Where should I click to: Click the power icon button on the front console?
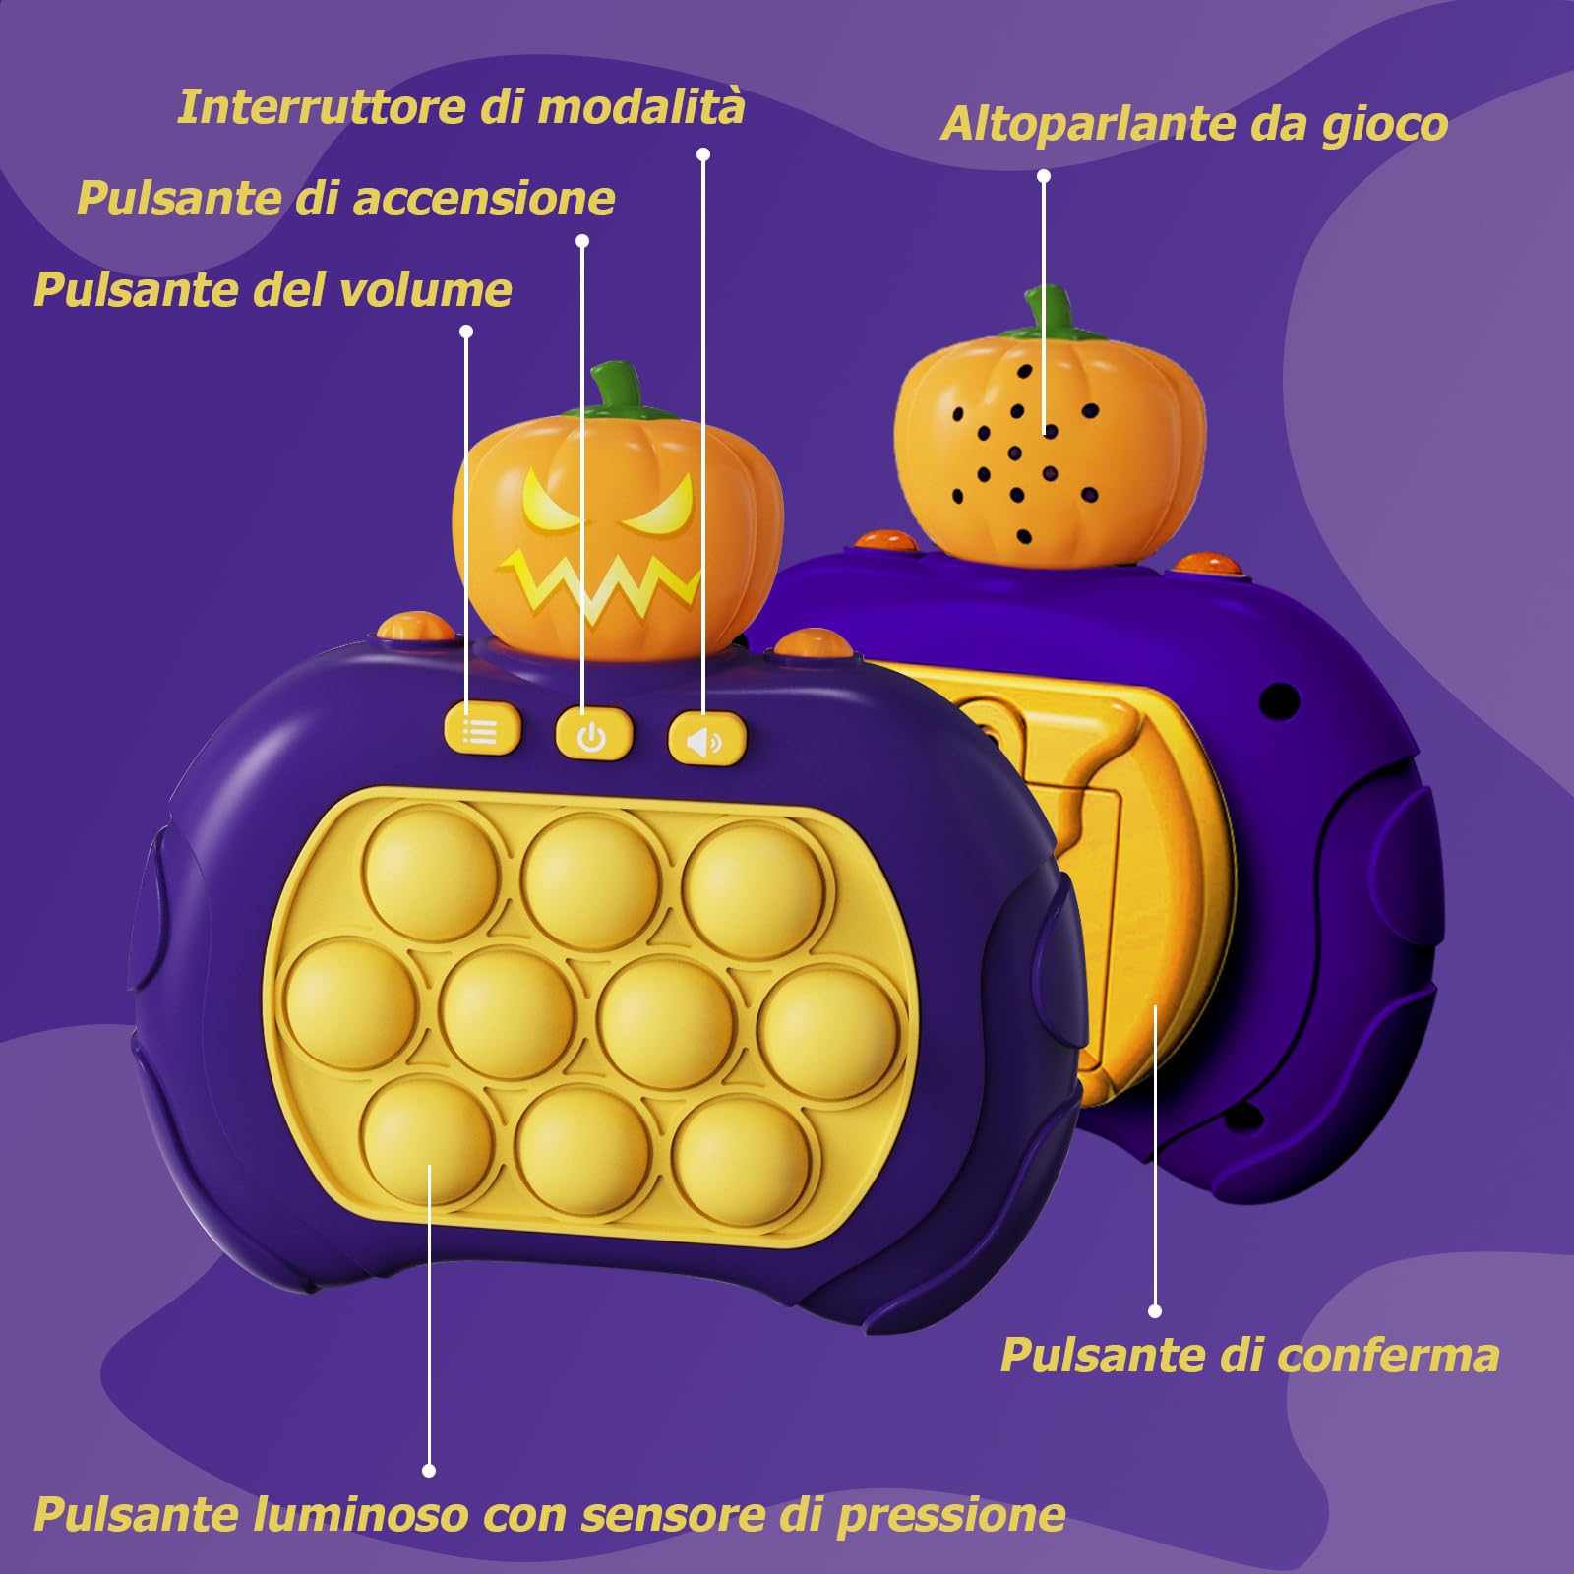[592, 734]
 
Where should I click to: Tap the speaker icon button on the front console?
[705, 738]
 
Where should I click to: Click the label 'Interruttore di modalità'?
[460, 106]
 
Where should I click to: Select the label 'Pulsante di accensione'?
[345, 199]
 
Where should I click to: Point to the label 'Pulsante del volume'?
[272, 290]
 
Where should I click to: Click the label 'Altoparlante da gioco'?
[1193, 125]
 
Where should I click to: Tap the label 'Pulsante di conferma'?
[1249, 1356]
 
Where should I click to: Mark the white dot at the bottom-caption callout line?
[429, 1471]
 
